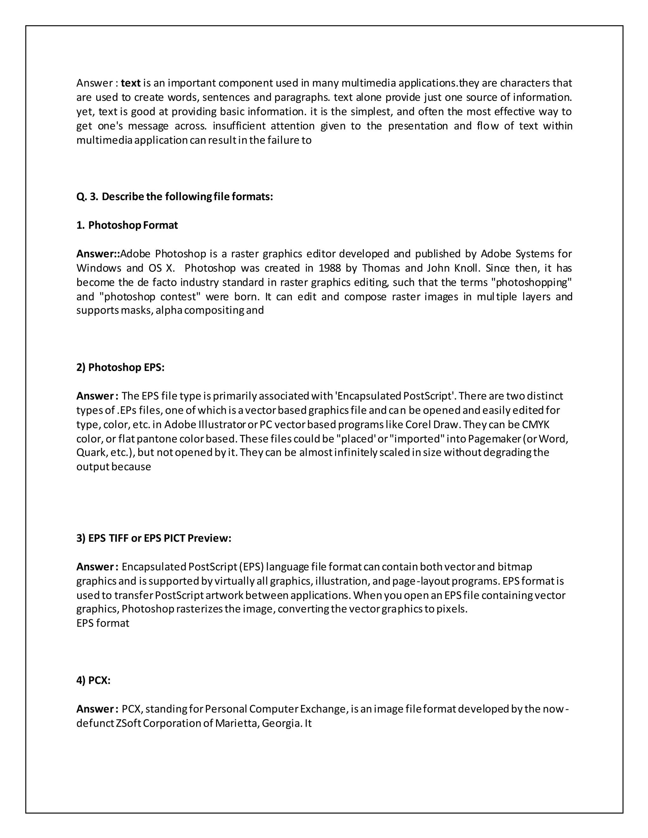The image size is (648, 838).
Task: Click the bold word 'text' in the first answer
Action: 131,83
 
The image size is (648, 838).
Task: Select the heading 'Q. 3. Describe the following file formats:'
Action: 175,196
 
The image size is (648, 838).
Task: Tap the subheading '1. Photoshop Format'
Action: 127,225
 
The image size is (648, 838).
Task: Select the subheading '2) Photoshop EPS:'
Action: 121,367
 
